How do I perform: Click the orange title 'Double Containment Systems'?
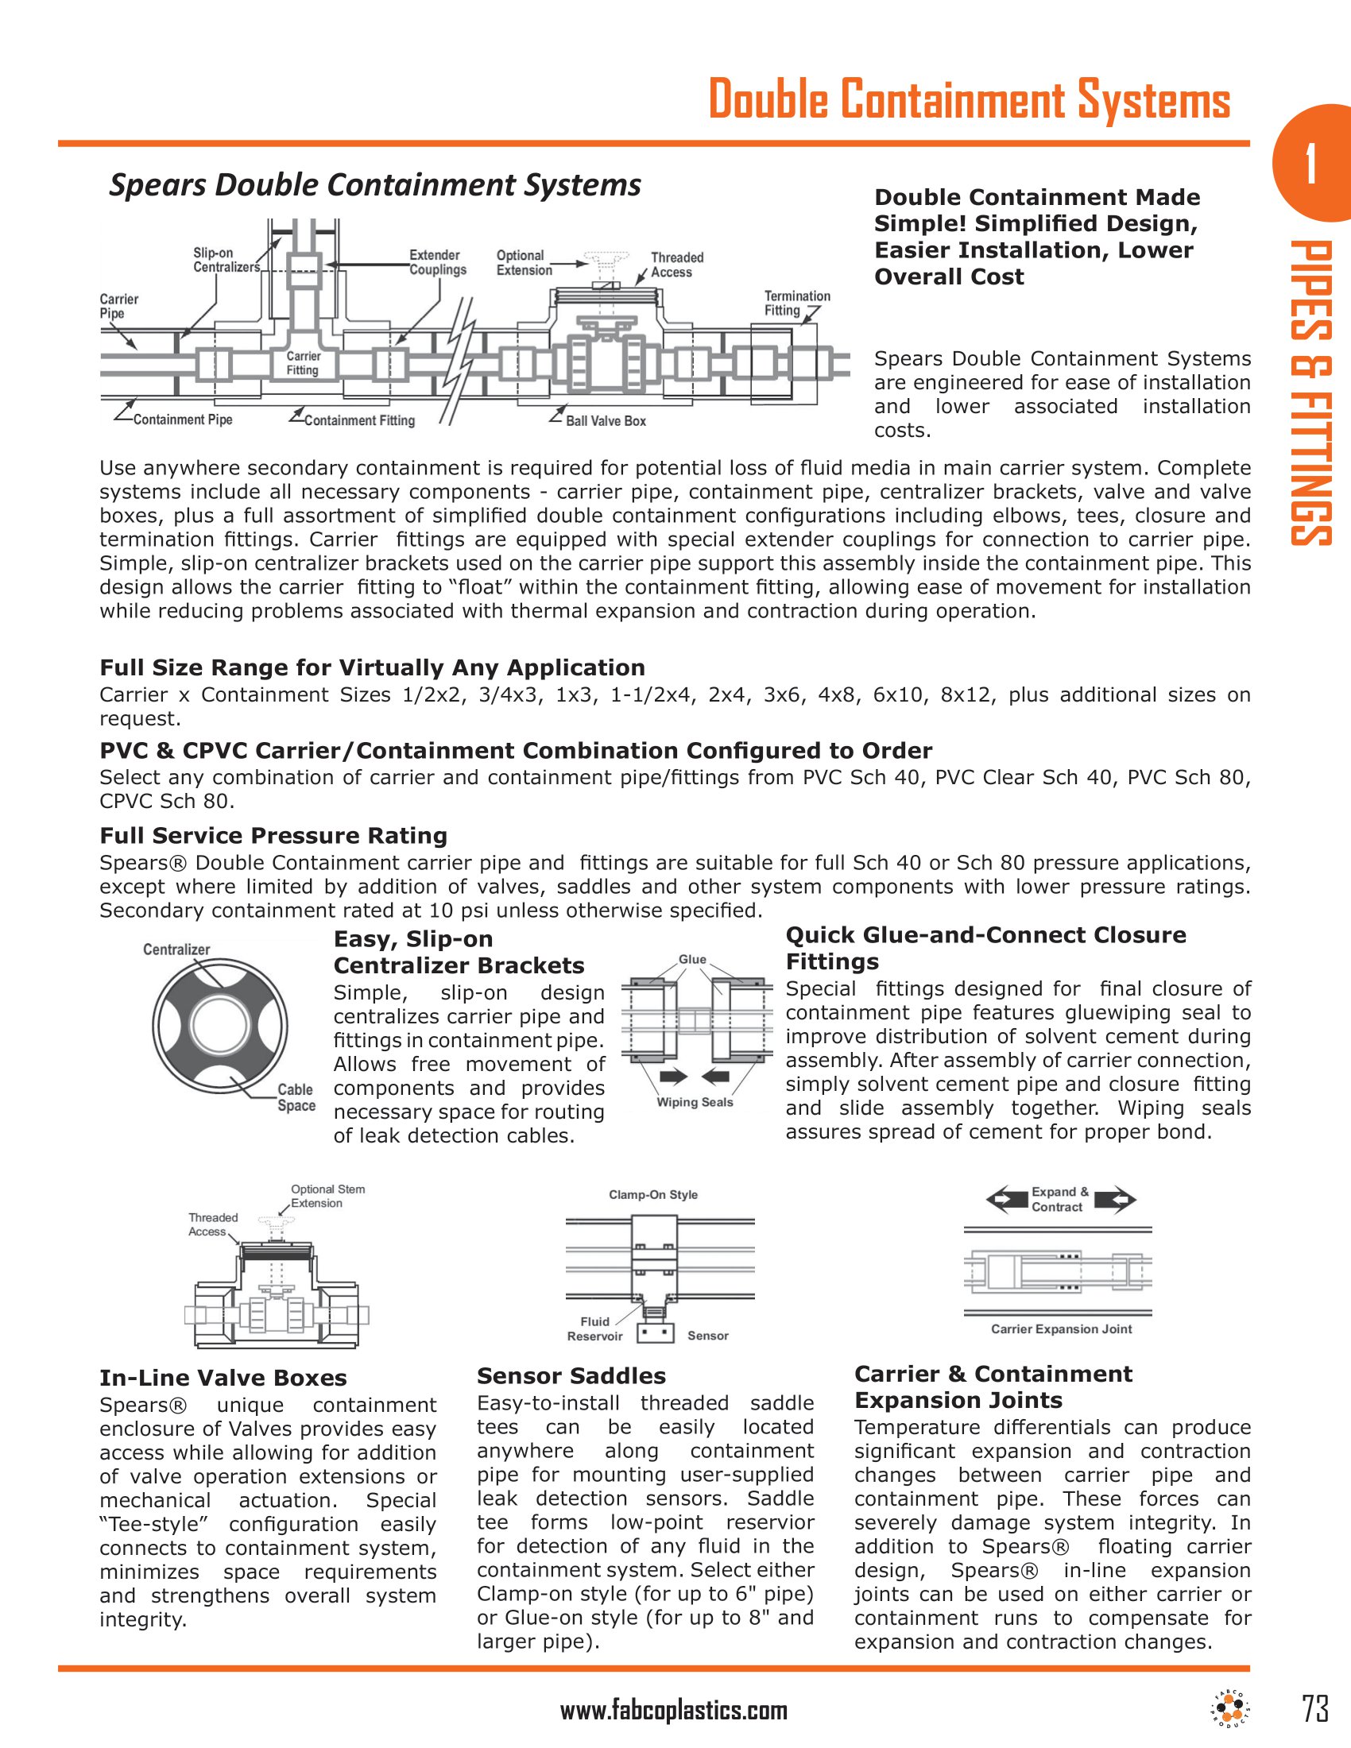tap(969, 100)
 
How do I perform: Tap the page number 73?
tap(1315, 1708)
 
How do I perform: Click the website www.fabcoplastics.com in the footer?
tap(674, 1711)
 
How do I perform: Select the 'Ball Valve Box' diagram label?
tap(606, 421)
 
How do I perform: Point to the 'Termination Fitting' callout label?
tap(796, 304)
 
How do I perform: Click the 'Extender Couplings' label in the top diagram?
tap(437, 262)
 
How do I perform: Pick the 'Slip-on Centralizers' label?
tap(226, 260)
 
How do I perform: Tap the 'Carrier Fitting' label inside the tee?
tap(303, 363)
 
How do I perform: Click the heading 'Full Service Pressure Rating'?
tap(273, 836)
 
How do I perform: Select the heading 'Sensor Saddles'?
tap(571, 1376)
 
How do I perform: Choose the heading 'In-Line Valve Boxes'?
tap(223, 1378)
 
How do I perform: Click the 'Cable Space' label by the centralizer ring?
tap(296, 1097)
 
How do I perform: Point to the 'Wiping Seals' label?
tap(695, 1102)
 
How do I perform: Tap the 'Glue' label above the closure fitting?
tap(692, 960)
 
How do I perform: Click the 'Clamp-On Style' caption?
tap(653, 1195)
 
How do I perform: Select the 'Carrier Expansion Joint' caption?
tap(1061, 1329)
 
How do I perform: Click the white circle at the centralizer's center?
tap(220, 1025)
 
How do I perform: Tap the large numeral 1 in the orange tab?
tap(1310, 164)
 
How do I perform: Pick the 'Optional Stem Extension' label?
tap(327, 1196)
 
